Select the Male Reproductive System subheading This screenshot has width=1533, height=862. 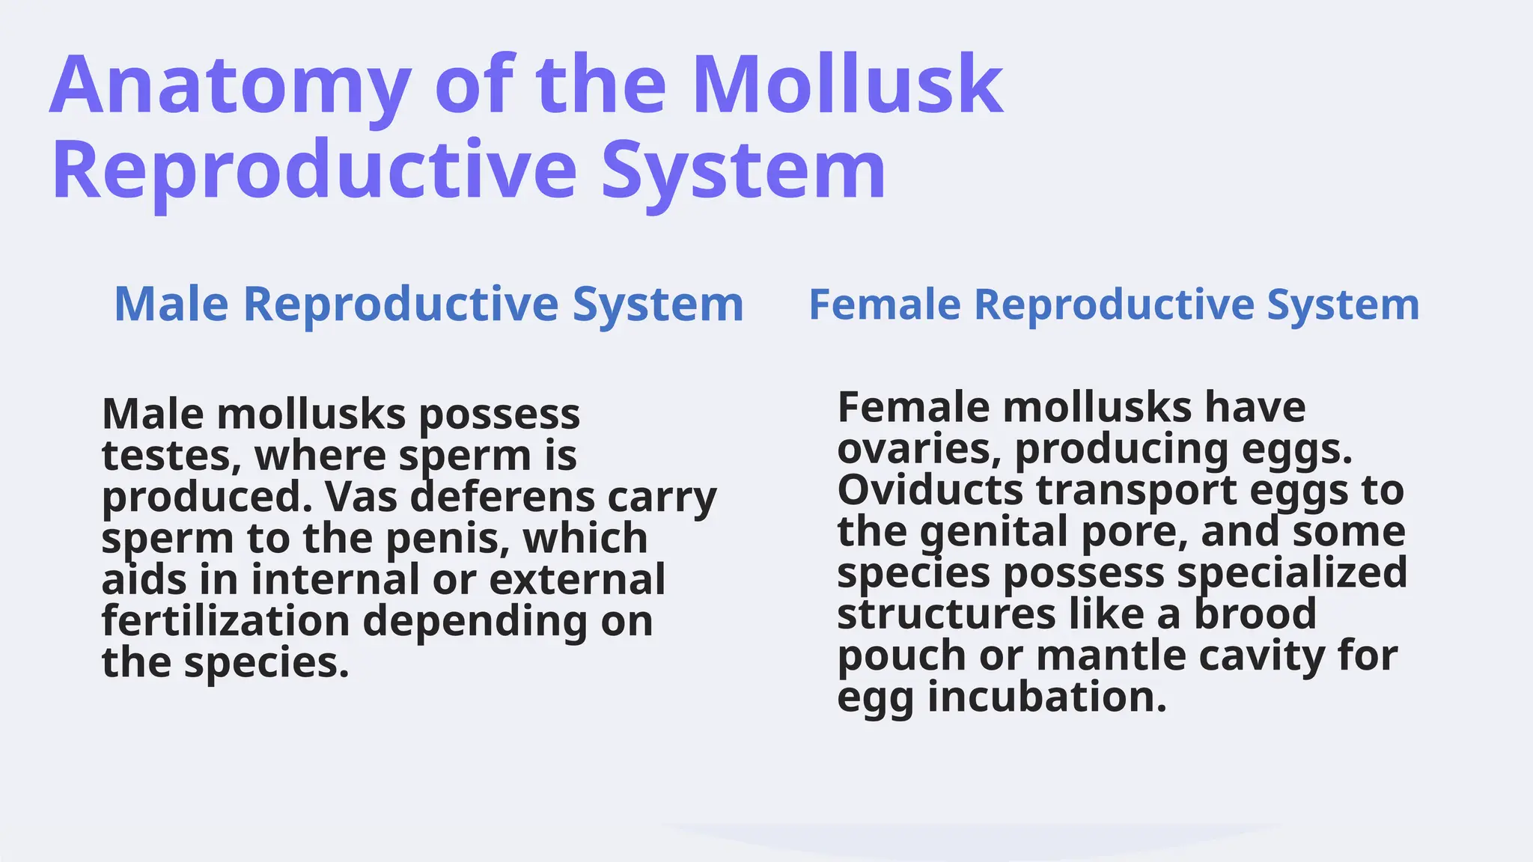[x=428, y=305]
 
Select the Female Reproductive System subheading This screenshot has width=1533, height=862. [x=1114, y=305]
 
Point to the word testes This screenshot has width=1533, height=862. [x=171, y=456]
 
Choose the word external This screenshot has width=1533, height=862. [x=577, y=580]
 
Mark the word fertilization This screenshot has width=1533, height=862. [x=225, y=621]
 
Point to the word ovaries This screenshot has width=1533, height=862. [x=918, y=450]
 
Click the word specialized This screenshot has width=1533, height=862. [x=1292, y=574]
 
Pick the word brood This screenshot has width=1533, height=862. [x=1255, y=615]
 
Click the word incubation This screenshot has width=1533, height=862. [x=1046, y=697]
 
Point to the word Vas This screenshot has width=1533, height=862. [x=362, y=497]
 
